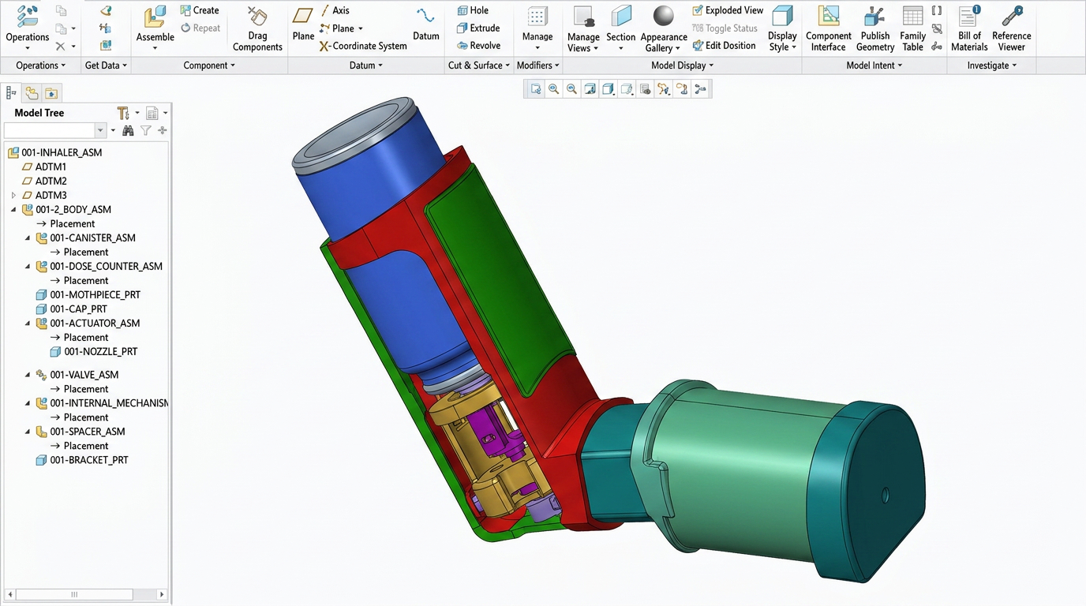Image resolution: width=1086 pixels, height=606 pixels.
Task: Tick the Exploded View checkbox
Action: coord(698,10)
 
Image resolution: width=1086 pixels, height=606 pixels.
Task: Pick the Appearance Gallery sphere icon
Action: coord(664,17)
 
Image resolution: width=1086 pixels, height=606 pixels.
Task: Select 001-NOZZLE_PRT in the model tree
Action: coord(100,352)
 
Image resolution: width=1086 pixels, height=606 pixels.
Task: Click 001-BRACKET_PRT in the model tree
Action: coord(88,460)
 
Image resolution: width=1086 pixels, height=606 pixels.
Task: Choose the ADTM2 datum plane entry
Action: coord(51,181)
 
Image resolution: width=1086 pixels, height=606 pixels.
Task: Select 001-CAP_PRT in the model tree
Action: coord(78,309)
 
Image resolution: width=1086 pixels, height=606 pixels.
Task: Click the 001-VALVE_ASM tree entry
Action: coord(84,375)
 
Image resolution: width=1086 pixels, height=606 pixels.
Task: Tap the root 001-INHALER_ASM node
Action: coord(62,153)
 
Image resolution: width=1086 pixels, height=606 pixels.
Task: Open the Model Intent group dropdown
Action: coord(874,65)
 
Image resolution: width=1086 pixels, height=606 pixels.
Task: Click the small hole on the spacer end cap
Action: coord(886,496)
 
